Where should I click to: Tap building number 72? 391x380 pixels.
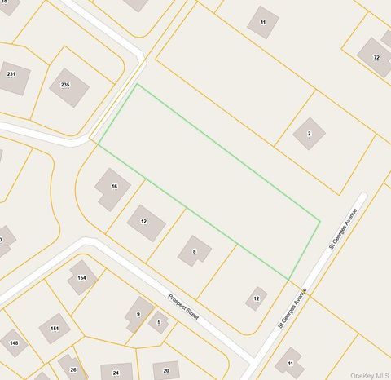pyautogui.click(x=374, y=57)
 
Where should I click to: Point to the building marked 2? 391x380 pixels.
pyautogui.click(x=309, y=133)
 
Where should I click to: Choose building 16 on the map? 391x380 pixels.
pyautogui.click(x=112, y=188)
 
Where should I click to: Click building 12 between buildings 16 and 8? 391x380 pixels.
pyautogui.click(x=146, y=223)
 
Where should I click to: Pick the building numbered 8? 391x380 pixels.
pyautogui.click(x=194, y=251)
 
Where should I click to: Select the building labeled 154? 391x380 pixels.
pyautogui.click(x=81, y=277)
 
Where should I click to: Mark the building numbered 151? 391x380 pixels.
pyautogui.click(x=55, y=328)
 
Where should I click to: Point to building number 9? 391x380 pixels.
pyautogui.click(x=138, y=313)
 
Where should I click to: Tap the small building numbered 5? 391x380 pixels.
pyautogui.click(x=160, y=323)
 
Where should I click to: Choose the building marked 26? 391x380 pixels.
pyautogui.click(x=72, y=367)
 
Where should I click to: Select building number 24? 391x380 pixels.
pyautogui.click(x=116, y=372)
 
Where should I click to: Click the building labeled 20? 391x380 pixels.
pyautogui.click(x=166, y=370)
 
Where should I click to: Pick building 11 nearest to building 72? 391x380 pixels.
pyautogui.click(x=262, y=22)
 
